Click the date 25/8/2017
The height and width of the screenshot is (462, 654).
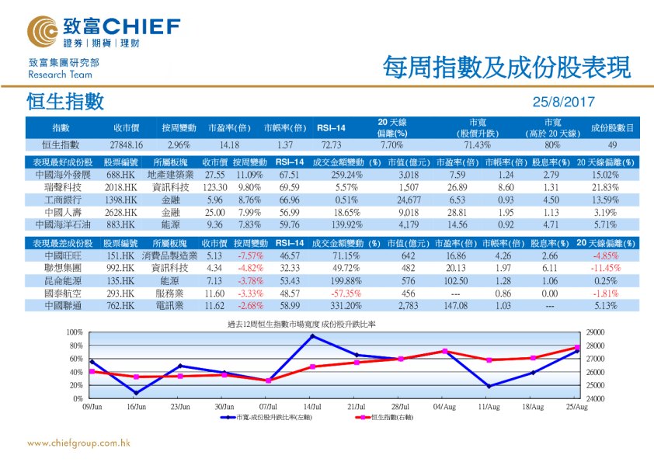562,102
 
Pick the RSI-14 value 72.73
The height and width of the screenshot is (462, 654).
331,144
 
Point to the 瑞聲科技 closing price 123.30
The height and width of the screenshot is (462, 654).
214,187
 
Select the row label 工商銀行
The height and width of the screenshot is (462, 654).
52,199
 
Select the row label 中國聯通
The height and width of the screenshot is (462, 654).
52,306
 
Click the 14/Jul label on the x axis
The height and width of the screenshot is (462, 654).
312,405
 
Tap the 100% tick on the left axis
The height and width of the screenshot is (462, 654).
75,332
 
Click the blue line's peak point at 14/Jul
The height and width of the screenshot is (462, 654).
312,336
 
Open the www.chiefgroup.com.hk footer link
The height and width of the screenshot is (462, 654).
78,443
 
